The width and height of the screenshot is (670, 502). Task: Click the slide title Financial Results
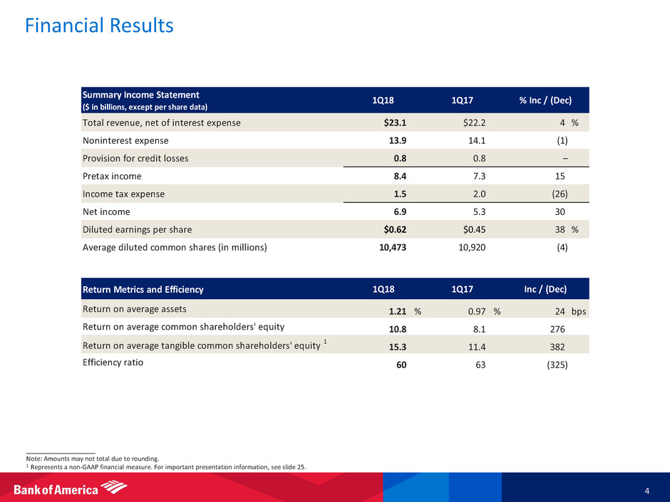tap(99, 26)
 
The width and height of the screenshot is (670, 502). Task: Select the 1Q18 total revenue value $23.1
tap(395, 122)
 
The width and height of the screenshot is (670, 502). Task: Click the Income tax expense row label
tap(123, 194)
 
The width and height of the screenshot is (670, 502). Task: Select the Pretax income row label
tap(113, 176)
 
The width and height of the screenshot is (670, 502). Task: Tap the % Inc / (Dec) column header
tap(545, 100)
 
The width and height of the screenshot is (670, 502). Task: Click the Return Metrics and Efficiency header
tap(143, 290)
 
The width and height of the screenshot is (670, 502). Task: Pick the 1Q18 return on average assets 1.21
tap(398, 310)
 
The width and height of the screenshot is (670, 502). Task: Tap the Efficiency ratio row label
tap(113, 362)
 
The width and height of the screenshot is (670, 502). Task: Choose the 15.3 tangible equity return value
tap(398, 346)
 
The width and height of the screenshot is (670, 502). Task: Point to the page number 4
tap(646, 489)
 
